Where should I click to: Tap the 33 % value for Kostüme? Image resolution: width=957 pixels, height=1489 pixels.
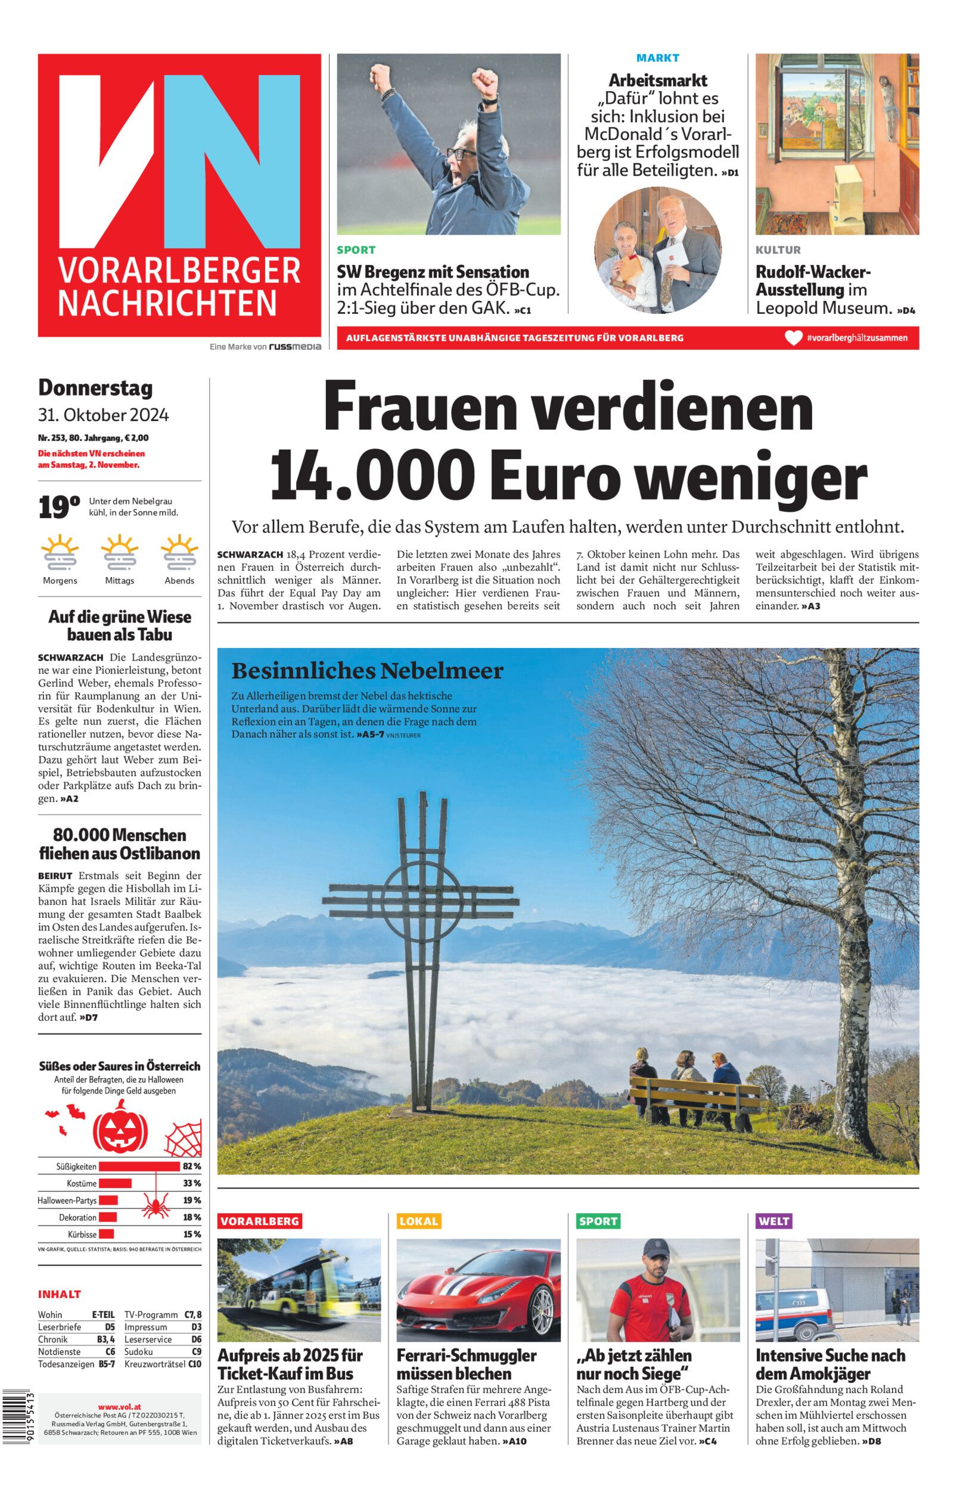[x=192, y=1183]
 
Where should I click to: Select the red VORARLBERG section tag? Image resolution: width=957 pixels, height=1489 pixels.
[x=260, y=1222]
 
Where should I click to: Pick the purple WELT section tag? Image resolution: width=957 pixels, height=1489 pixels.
[x=773, y=1222]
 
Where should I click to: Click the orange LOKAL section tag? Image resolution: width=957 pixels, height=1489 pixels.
[x=419, y=1222]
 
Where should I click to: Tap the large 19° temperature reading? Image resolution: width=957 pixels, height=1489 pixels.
[x=59, y=508]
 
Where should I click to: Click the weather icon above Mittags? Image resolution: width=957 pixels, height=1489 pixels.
[x=119, y=552]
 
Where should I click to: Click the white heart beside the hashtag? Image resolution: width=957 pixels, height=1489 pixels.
[x=794, y=338]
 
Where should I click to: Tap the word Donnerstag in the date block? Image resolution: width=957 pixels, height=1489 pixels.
[x=95, y=388]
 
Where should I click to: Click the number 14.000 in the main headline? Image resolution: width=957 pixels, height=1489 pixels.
[x=372, y=477]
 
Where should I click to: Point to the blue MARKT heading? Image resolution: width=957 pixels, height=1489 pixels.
[x=657, y=58]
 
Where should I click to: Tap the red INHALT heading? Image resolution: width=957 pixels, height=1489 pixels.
[x=60, y=1294]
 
